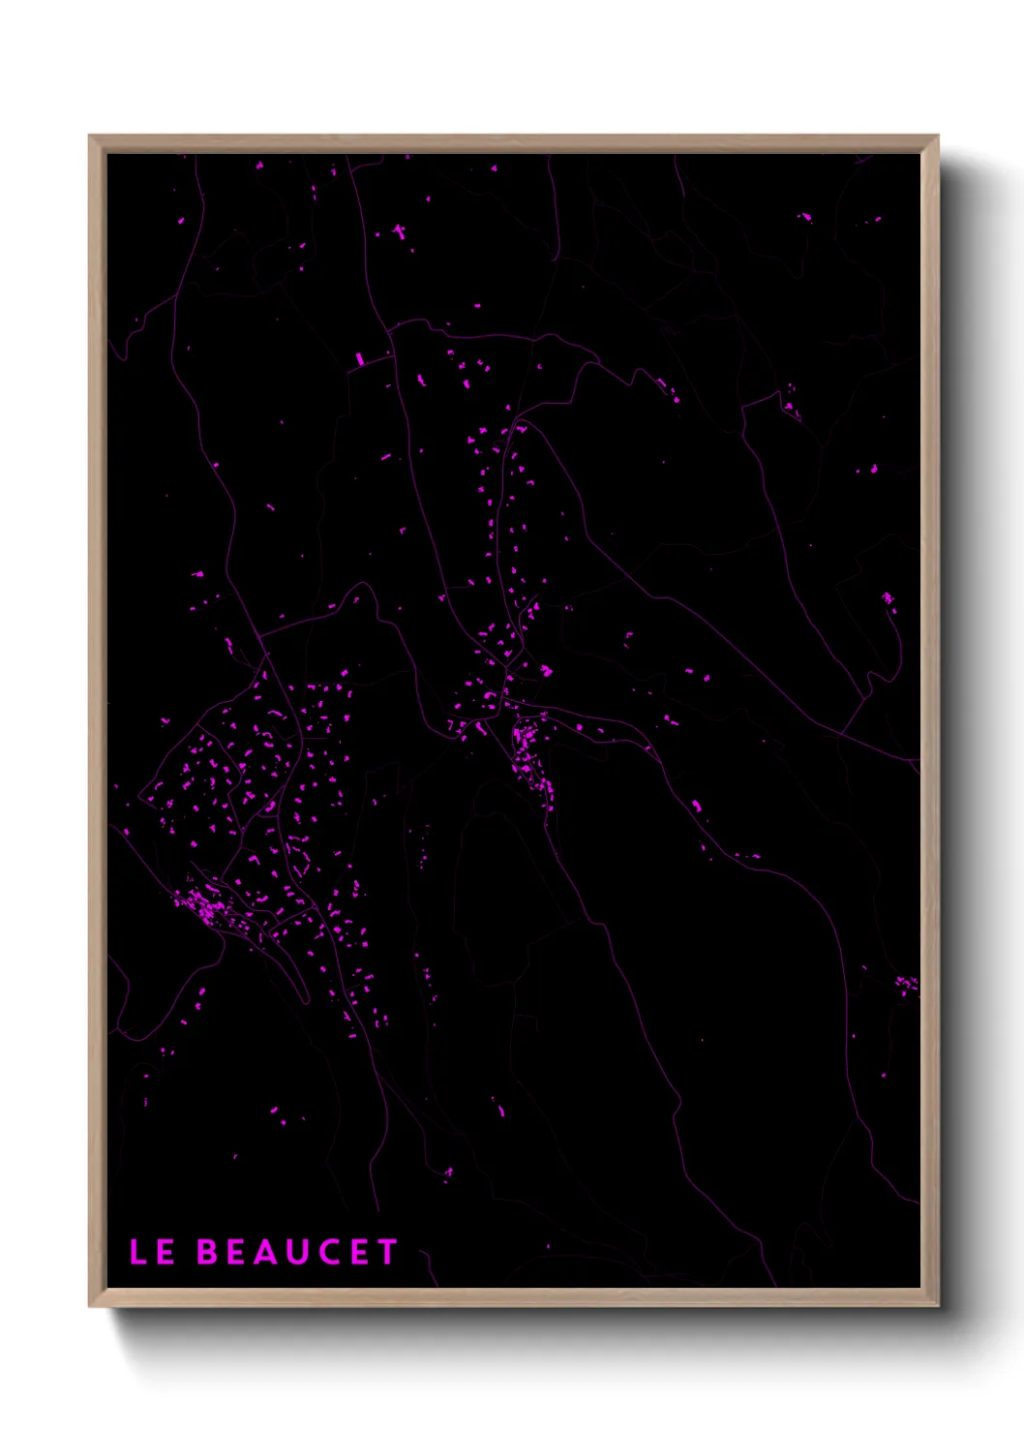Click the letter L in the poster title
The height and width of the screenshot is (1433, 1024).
pyautogui.click(x=137, y=1252)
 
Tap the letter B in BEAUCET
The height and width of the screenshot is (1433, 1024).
pyautogui.click(x=207, y=1252)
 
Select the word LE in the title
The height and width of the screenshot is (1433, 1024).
pyautogui.click(x=152, y=1252)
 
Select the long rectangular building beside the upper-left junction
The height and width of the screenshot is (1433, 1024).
pyautogui.click(x=359, y=359)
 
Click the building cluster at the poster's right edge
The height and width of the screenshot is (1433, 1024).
pyautogui.click(x=906, y=985)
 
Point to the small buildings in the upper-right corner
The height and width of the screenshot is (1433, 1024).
pyautogui.click(x=804, y=217)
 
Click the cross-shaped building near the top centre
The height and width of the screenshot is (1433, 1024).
pyautogui.click(x=400, y=231)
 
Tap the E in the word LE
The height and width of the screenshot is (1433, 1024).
pyautogui.click(x=166, y=1252)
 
